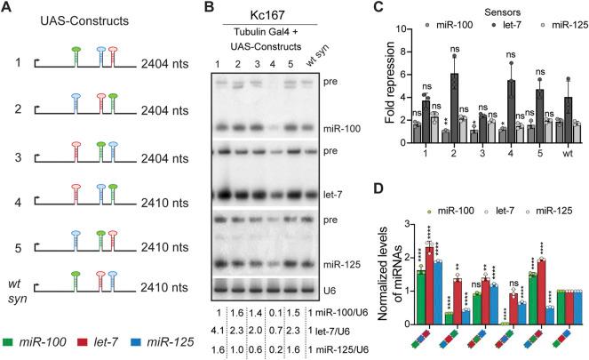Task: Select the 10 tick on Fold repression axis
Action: (388, 28)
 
